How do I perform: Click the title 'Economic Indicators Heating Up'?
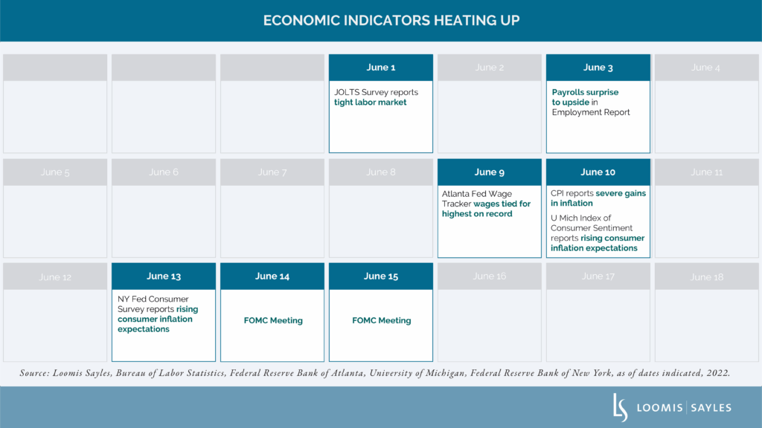click(381, 20)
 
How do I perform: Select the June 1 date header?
click(380, 68)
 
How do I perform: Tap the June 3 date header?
click(598, 68)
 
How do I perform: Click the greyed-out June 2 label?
click(489, 68)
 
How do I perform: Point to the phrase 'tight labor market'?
click(370, 103)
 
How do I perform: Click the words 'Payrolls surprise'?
click(585, 93)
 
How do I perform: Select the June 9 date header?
click(489, 172)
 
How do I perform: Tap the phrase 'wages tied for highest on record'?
click(487, 209)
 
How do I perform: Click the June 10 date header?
click(598, 172)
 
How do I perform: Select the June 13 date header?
click(164, 276)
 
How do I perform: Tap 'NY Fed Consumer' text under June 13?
click(152, 299)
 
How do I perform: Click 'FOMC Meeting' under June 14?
click(272, 321)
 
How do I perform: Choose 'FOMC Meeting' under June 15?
click(381, 321)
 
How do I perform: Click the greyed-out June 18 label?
click(706, 276)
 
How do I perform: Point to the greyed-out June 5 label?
click(55, 172)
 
